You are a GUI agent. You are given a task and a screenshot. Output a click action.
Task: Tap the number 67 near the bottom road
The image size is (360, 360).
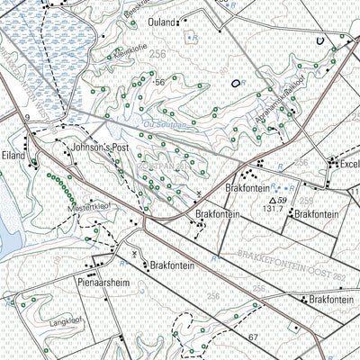click(x=254, y=337)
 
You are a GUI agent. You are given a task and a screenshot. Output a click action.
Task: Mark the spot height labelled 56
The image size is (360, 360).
click(x=161, y=82)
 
